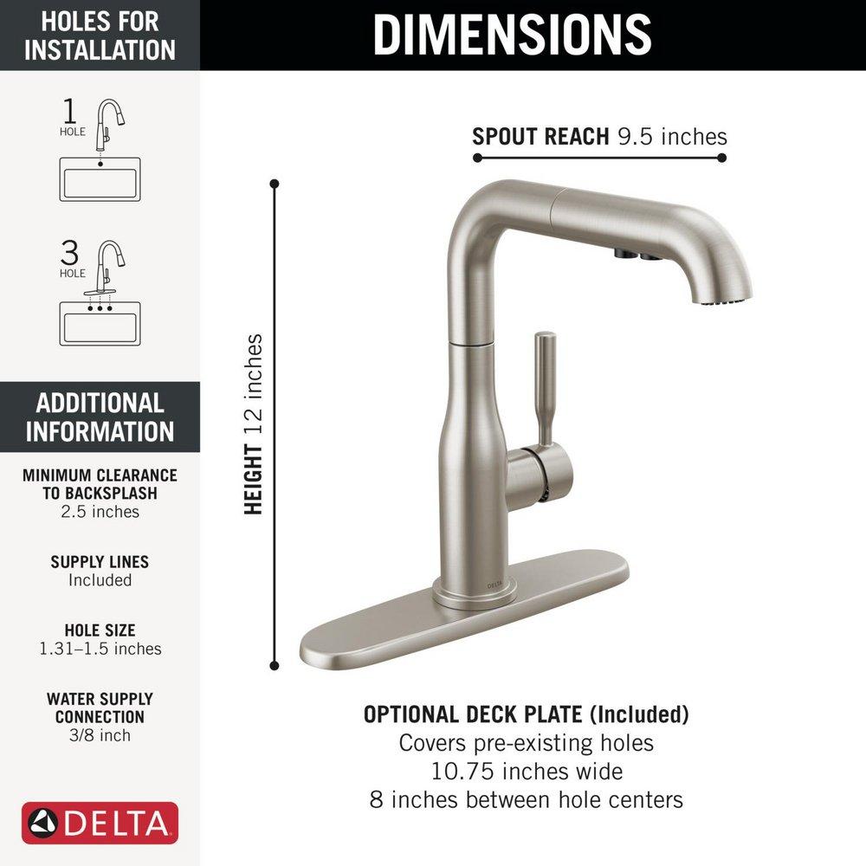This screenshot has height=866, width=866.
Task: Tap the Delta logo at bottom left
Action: pos(100,824)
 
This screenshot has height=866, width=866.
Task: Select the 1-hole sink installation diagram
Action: pos(100,151)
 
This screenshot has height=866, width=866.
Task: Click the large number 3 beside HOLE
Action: pos(70,253)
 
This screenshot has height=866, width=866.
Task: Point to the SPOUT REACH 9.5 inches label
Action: pos(599,136)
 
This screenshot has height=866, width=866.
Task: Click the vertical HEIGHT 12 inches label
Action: pos(253,424)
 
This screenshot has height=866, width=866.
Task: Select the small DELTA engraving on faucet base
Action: pos(494,585)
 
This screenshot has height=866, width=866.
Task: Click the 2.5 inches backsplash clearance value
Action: pos(100,512)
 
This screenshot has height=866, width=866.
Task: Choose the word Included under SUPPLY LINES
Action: pos(100,580)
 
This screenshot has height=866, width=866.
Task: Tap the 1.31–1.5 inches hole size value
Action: pos(100,649)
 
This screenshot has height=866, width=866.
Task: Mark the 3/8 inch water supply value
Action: pos(100,735)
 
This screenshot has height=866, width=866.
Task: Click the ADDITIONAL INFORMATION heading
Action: pos(100,417)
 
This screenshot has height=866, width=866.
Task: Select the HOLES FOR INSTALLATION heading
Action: pos(100,36)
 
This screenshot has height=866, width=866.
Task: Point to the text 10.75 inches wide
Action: pos(527,770)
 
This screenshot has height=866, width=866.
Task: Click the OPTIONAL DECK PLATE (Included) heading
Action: pos(527,714)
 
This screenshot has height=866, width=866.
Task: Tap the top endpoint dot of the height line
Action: pos(275,184)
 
